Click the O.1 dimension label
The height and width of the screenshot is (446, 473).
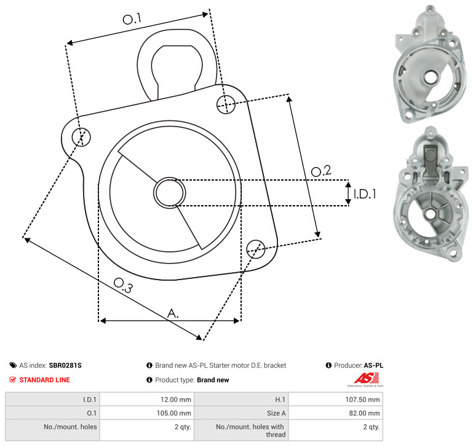tap(132, 18)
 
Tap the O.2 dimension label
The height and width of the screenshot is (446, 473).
tap(321, 171)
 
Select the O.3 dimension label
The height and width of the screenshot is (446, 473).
tap(123, 286)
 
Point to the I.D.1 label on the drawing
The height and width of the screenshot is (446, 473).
tap(365, 194)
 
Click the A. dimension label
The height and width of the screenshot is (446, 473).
tap(173, 313)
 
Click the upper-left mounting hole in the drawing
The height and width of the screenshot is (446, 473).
tap(81, 137)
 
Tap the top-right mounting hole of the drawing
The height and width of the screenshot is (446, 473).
tap(226, 104)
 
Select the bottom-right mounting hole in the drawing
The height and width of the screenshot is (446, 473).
tap(256, 249)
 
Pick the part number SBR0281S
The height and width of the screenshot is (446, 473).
tap(65, 366)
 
